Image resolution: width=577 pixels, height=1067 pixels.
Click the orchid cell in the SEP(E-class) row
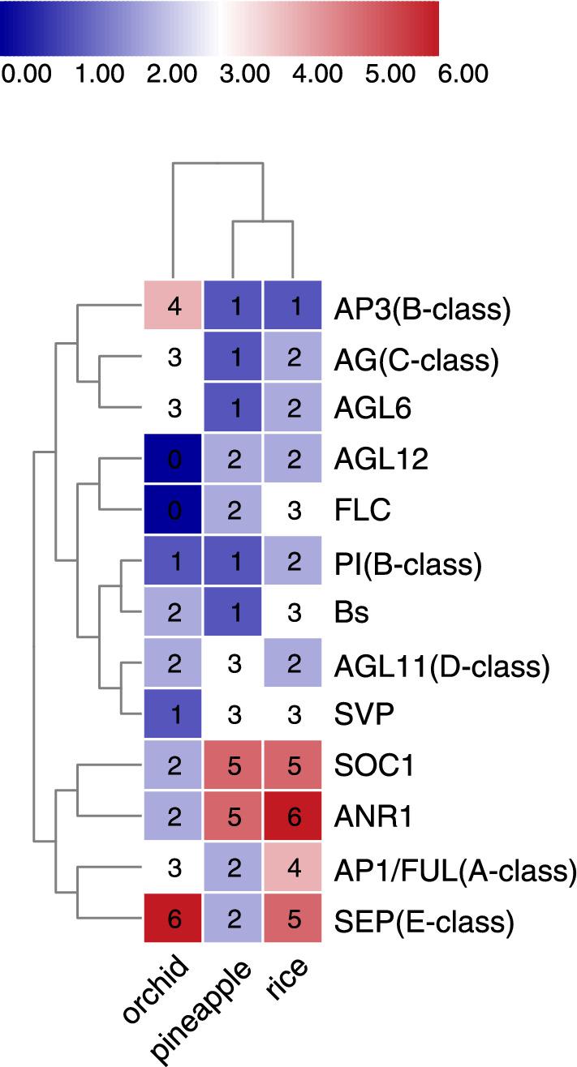pos(172,921)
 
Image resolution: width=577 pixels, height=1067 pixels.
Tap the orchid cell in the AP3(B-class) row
pos(172,309)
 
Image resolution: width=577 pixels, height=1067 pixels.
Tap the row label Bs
pos(351,612)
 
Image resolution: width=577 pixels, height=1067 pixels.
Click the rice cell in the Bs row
pos(292,612)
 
